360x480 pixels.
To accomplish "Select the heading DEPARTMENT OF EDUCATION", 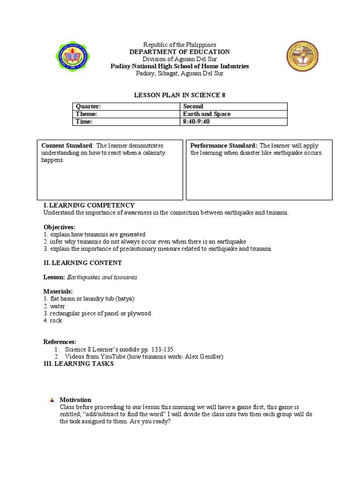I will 180,52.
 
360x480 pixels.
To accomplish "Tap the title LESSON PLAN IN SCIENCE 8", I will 180,95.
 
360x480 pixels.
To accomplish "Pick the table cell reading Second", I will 193,106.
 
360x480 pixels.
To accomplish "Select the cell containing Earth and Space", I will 206,114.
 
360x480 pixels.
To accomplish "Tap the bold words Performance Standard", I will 224,145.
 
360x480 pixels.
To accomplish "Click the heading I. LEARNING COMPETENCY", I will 89,205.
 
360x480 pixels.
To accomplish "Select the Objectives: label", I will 59,227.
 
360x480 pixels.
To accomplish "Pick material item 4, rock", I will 53,321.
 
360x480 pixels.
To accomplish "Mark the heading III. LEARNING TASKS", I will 78,364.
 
